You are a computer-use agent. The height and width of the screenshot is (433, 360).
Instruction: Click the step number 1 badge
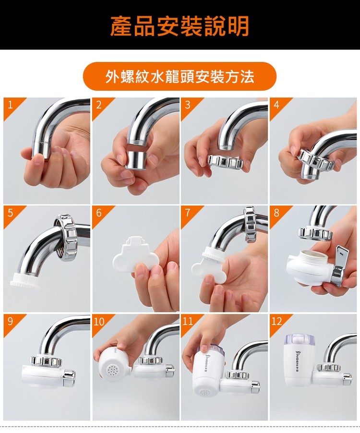pos(11,105)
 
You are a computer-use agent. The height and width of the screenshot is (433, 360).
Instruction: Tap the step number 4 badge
pos(276,105)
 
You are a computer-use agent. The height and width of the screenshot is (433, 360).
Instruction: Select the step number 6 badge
pos(99,213)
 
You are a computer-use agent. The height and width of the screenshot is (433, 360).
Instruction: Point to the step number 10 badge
pos(99,322)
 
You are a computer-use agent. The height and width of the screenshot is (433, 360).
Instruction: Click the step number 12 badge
pos(277,322)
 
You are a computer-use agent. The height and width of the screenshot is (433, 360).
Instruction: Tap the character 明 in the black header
pos(238,26)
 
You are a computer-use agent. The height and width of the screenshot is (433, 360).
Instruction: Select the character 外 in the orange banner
pos(112,76)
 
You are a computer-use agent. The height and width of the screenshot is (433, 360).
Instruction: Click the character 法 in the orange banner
pos(247,76)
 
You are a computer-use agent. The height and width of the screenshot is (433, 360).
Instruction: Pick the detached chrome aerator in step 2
pos(136,159)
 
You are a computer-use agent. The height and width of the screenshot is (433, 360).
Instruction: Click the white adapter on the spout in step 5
pos(24,282)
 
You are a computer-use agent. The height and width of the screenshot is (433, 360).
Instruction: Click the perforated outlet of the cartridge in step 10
pos(113,368)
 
